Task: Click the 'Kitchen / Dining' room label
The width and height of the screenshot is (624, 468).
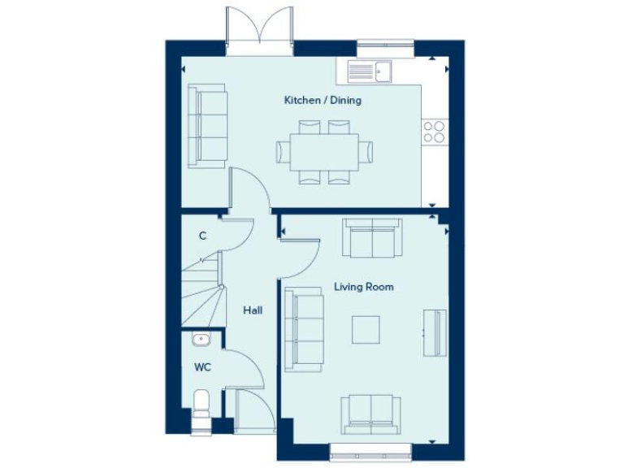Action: click(322, 101)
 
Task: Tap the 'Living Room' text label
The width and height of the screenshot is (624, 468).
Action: click(364, 287)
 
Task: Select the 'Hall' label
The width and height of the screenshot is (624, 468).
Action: click(252, 310)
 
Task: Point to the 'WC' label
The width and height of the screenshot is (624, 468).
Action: click(202, 367)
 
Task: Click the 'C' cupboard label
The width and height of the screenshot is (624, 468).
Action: click(202, 236)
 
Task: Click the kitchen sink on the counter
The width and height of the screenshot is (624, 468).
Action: click(370, 72)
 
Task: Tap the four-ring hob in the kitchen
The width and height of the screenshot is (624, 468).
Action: click(434, 132)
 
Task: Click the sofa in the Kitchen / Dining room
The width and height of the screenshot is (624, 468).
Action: click(207, 126)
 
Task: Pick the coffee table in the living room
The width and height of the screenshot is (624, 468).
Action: click(366, 328)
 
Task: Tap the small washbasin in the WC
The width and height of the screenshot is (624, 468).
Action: click(201, 340)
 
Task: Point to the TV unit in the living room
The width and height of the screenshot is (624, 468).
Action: click(436, 332)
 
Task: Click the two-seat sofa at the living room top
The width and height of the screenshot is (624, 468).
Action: click(371, 236)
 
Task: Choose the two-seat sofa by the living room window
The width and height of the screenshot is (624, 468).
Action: click(370, 415)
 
